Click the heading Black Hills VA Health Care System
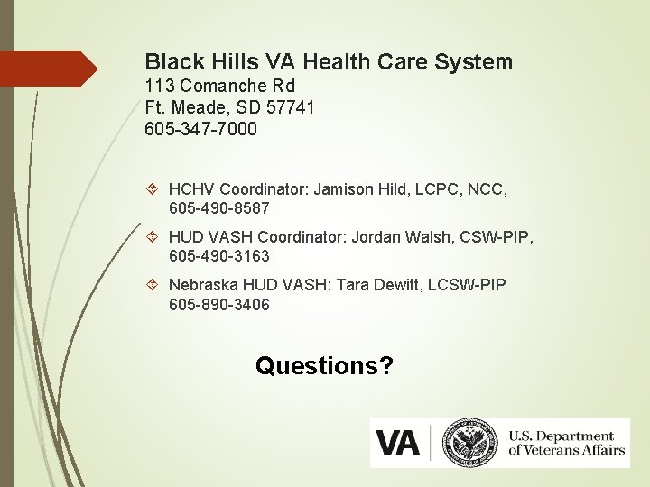[x=329, y=62]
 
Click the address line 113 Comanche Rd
[x=218, y=87]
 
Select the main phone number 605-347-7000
[x=200, y=129]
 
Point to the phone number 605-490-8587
[x=218, y=208]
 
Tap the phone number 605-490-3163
[x=218, y=256]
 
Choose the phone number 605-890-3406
[x=218, y=304]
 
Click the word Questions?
[x=324, y=365]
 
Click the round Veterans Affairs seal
[x=470, y=442]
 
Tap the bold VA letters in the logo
[x=397, y=443]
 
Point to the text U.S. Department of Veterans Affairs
[x=566, y=443]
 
